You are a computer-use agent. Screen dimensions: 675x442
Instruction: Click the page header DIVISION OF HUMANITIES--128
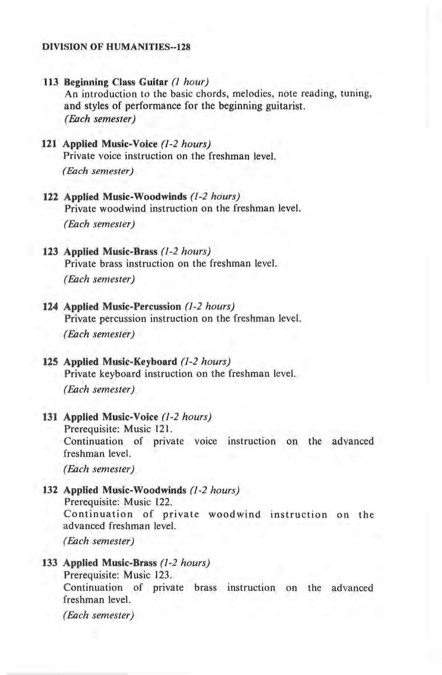(x=116, y=48)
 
